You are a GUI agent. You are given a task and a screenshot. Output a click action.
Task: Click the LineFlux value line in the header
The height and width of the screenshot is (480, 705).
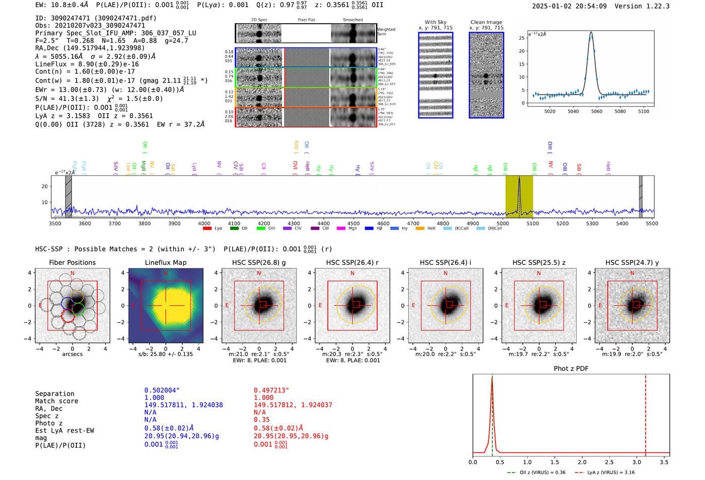87,64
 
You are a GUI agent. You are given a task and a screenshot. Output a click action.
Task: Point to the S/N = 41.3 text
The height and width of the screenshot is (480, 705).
67,99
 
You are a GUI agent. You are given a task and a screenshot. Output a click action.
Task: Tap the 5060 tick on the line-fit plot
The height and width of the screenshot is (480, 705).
597,111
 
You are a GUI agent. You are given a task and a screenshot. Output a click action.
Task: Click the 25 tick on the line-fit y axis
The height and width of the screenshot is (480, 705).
522,38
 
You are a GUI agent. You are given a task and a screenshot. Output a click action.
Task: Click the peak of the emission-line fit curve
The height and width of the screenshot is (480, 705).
591,33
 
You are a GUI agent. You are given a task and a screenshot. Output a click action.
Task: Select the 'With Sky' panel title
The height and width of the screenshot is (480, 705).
436,22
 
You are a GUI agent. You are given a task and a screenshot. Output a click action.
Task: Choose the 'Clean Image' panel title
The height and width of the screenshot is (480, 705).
486,22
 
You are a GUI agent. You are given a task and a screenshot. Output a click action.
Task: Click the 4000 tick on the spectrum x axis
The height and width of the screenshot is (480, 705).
204,224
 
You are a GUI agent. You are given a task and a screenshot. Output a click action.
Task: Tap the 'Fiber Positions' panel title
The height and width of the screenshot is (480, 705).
72,262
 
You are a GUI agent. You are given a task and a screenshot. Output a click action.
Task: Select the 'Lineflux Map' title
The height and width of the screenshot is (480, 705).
166,262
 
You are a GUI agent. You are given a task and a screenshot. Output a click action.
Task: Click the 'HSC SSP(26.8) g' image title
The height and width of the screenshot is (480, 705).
259,262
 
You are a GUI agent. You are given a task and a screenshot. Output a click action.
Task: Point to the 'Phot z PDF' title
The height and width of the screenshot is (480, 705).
571,369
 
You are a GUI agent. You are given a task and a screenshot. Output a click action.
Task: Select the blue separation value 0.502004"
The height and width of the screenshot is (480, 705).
162,390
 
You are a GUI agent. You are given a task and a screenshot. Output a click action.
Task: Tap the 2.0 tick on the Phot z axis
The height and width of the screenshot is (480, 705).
582,462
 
